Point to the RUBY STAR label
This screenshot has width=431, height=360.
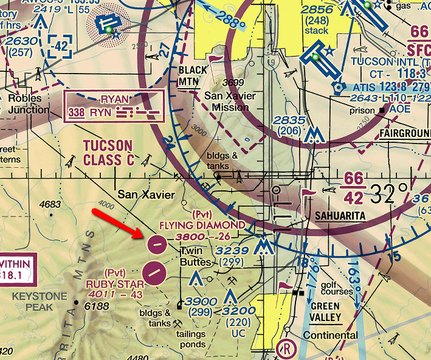pos(115,283)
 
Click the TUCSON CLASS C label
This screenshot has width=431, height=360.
pos(108,152)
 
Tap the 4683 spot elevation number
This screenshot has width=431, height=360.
pos(53,204)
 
